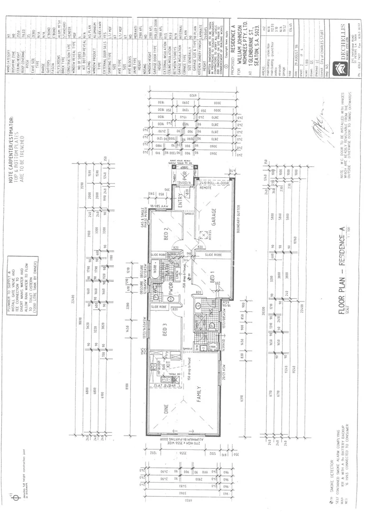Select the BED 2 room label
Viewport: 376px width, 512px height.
pos(166,234)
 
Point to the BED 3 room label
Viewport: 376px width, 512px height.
pos(166,336)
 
